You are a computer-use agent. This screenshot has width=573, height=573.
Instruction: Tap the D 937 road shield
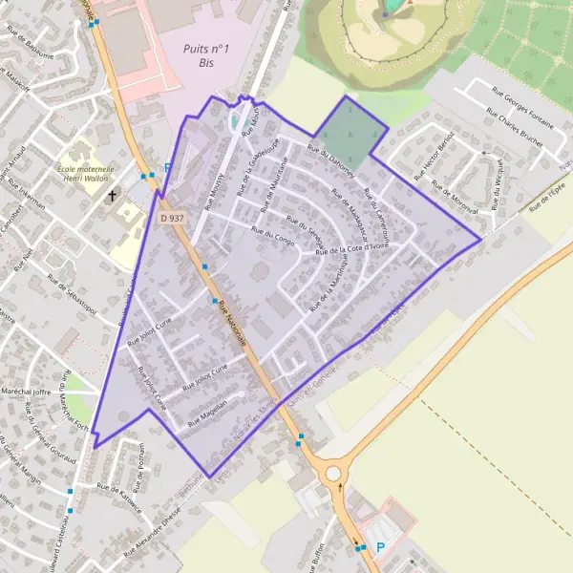pyautogui.click(x=171, y=219)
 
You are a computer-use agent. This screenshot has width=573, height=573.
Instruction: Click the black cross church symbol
pyautogui.click(x=113, y=196)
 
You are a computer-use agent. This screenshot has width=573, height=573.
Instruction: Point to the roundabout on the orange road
pyautogui.click(x=332, y=473)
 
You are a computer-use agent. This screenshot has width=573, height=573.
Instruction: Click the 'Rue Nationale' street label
pyautogui.click(x=232, y=324)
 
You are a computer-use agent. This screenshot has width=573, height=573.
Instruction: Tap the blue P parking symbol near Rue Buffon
pyautogui.click(x=380, y=547)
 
